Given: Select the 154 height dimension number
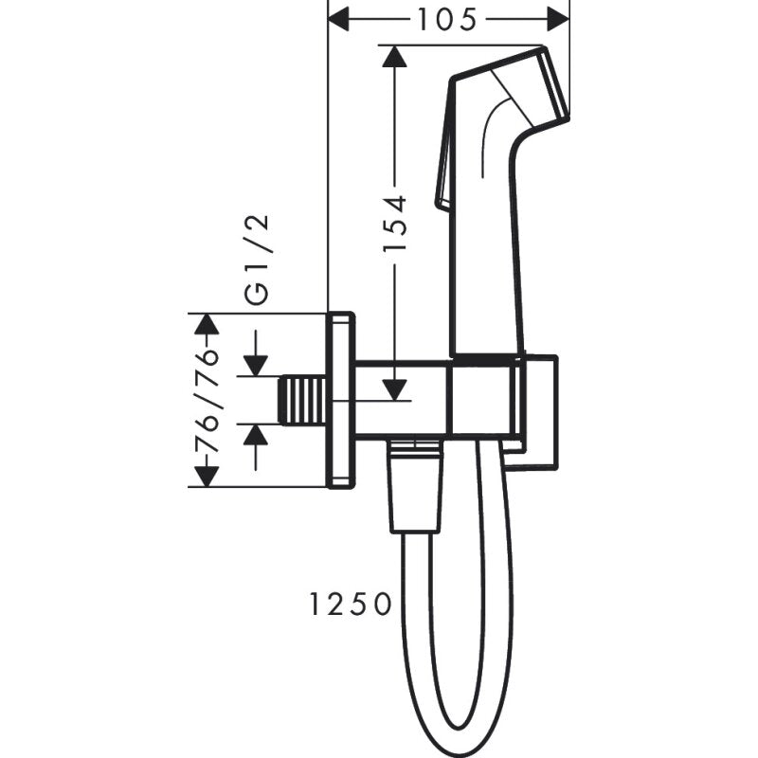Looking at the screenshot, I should (395, 224).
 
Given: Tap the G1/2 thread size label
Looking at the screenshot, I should (256, 258).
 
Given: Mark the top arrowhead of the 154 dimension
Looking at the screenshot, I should (395, 55).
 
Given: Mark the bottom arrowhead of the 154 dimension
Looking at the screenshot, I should (395, 388).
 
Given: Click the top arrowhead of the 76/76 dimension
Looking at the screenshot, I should (207, 323).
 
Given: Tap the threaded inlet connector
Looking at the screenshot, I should (304, 399).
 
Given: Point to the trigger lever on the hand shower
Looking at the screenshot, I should (443, 171).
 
